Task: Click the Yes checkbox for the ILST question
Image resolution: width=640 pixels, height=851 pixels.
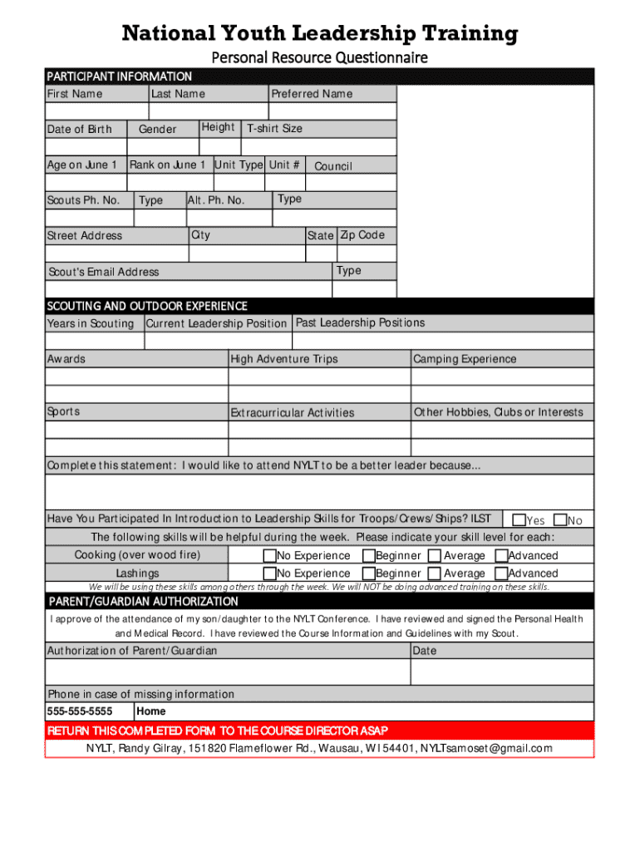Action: click(x=519, y=520)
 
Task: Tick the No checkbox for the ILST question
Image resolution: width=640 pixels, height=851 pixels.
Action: click(x=560, y=520)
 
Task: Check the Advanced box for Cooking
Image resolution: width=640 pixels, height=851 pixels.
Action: click(x=501, y=556)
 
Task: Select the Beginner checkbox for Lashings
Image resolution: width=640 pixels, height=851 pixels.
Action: click(x=368, y=573)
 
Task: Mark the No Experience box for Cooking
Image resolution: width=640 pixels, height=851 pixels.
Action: click(x=269, y=556)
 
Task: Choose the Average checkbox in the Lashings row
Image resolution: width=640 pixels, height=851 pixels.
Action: click(x=434, y=573)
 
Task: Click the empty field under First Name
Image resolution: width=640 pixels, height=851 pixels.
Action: click(x=97, y=111)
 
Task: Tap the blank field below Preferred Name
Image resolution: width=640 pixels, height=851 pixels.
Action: click(x=332, y=111)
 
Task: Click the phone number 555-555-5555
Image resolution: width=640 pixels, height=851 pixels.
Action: click(x=80, y=711)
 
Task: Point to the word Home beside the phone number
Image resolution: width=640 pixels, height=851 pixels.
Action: click(x=151, y=711)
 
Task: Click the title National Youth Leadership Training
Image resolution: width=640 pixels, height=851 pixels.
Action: click(x=320, y=34)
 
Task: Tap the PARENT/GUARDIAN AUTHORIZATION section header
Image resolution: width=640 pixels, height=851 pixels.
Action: click(x=144, y=602)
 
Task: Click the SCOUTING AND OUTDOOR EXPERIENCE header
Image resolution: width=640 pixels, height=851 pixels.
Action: click(x=147, y=306)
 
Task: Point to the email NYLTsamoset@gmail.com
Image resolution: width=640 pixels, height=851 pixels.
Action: click(x=485, y=749)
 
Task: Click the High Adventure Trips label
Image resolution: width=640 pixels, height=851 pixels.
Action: click(x=284, y=359)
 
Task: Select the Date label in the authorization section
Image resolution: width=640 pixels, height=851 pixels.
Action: click(x=425, y=651)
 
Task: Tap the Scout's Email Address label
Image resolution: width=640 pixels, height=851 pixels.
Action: click(x=103, y=272)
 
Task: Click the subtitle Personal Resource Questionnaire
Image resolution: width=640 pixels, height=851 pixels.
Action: click(x=320, y=57)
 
